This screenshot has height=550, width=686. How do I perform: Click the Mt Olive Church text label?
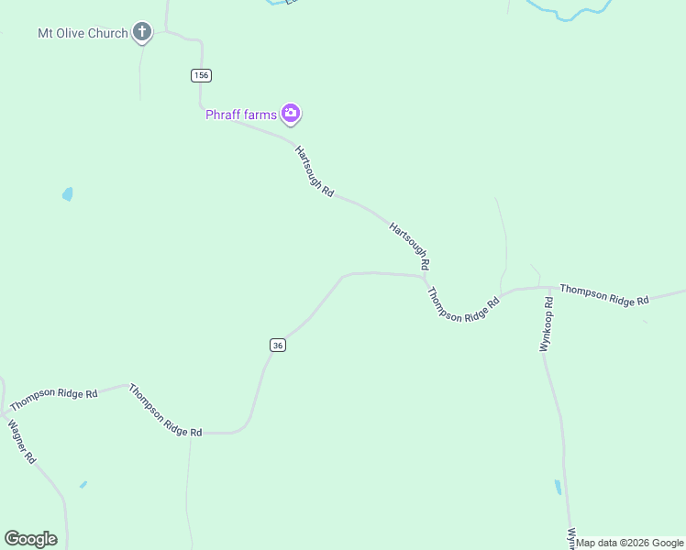(x=83, y=34)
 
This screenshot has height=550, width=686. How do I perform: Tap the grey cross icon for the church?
(x=142, y=33)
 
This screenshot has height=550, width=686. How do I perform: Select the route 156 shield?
(x=202, y=75)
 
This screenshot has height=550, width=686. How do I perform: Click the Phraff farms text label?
(x=240, y=115)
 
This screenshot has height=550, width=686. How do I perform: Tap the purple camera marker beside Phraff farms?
(x=291, y=114)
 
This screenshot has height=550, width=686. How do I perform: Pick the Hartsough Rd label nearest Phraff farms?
(x=315, y=170)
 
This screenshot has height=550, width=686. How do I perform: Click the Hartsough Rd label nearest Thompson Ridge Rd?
(x=409, y=245)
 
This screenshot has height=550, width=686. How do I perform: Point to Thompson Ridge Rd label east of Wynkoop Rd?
(x=604, y=294)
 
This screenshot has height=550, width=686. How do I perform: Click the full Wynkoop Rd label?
(x=548, y=325)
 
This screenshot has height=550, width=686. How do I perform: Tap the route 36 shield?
(x=278, y=345)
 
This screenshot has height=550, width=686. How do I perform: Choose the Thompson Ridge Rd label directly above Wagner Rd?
(x=53, y=399)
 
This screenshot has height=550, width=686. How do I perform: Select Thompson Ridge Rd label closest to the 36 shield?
(x=165, y=410)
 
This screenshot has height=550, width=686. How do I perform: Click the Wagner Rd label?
(x=21, y=441)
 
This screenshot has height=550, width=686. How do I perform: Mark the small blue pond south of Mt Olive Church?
(x=67, y=194)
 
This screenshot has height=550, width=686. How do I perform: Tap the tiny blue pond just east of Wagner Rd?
(x=83, y=484)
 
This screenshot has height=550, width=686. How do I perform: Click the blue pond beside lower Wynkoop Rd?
(x=558, y=487)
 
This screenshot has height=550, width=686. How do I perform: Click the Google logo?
(x=30, y=539)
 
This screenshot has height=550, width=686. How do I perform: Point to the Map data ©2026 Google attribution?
(x=630, y=543)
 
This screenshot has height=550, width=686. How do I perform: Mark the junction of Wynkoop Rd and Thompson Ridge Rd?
(x=549, y=287)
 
